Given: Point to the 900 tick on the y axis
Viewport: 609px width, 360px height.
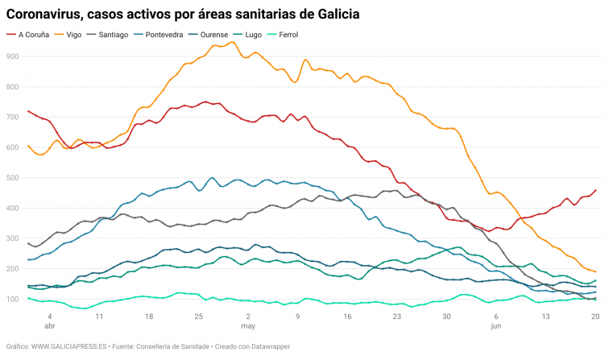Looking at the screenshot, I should point(13,56).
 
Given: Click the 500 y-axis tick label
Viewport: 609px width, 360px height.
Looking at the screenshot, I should point(13,178).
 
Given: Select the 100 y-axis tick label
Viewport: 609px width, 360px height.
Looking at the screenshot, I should point(13,300).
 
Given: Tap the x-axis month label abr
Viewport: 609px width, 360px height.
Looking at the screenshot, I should point(49,328).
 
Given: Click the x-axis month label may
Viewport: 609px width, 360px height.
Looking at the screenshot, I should point(248,328).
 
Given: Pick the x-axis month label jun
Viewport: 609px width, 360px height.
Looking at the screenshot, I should point(496,328).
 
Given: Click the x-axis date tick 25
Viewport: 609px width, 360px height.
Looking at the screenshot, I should point(198,317).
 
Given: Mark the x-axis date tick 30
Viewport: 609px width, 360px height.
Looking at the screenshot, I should point(446,317).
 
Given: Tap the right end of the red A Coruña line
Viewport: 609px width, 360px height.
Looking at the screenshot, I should point(595,190).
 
